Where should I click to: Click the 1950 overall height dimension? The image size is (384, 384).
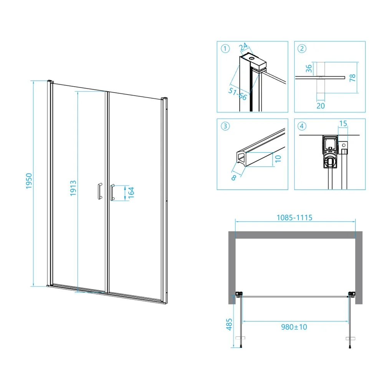[x=29, y=181]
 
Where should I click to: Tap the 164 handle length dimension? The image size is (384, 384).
[x=131, y=192]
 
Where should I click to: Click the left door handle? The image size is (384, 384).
[x=100, y=191]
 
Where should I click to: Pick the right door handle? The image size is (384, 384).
[x=112, y=192]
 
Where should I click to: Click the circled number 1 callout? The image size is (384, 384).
[x=225, y=48]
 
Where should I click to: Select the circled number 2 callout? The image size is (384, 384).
[x=302, y=48]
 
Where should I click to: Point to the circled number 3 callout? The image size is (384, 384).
[x=225, y=126]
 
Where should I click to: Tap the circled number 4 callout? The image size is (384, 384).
[x=302, y=126]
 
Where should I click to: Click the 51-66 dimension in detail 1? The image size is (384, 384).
[x=238, y=94]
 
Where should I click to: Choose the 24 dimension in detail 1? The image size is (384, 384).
[x=243, y=46]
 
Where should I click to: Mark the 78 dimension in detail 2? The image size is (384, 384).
[x=353, y=78]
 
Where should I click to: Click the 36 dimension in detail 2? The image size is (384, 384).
[x=309, y=68]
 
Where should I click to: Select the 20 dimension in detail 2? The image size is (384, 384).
[x=321, y=106]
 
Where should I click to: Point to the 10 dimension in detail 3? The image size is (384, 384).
[x=278, y=159]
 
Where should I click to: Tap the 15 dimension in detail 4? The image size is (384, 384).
[x=343, y=123]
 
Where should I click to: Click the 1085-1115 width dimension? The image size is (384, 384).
[x=295, y=217]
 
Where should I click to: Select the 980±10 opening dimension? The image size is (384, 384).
[x=294, y=327]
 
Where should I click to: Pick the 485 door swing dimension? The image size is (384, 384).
[x=229, y=324]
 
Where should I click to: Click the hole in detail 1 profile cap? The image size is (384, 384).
[x=252, y=59]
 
